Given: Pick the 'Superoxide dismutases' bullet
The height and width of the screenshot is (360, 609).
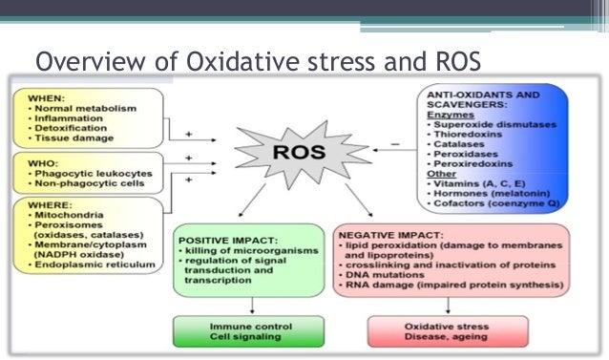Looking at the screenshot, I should coord(484,125).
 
